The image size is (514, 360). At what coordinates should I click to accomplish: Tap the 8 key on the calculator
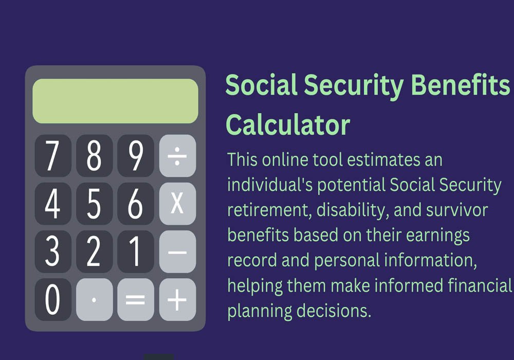(95, 156)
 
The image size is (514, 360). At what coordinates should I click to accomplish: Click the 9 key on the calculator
(136, 156)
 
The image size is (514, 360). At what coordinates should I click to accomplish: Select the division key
(177, 156)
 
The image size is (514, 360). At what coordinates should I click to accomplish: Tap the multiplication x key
(177, 204)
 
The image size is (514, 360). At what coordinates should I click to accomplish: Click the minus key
(177, 252)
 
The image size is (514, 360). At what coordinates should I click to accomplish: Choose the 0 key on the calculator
(53, 300)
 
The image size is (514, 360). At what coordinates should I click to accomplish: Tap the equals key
(136, 300)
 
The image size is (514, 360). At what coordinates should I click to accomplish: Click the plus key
(177, 300)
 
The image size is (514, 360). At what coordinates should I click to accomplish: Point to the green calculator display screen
(115, 101)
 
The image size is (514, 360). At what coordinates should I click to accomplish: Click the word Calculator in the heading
(288, 125)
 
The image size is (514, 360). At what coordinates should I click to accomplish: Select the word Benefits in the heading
(460, 84)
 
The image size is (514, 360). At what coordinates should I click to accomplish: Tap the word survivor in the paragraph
(457, 210)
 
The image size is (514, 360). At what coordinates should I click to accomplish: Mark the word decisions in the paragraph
(334, 311)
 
